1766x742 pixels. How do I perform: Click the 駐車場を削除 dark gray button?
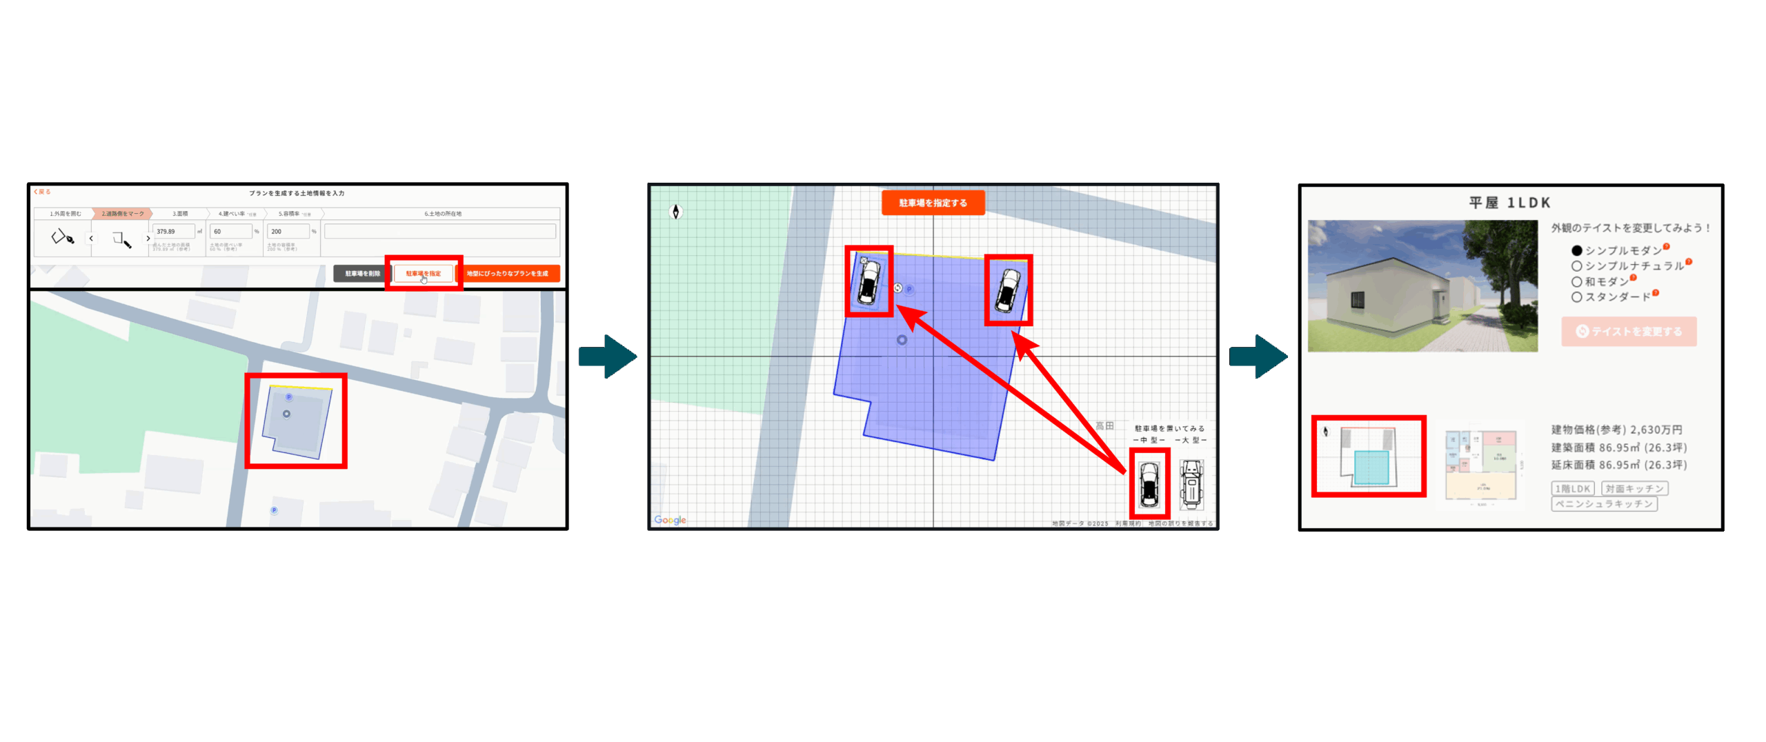pos(362,274)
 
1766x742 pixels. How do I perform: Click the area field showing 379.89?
pos(174,232)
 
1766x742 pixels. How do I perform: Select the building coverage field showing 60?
pos(231,232)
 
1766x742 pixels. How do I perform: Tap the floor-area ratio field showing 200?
pos(288,232)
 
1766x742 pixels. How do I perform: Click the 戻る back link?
pos(43,192)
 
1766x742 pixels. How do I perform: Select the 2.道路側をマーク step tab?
pos(123,214)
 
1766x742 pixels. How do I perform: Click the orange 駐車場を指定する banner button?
pos(933,203)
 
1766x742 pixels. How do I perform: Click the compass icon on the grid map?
pos(676,212)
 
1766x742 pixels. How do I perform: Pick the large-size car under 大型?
pos(1191,485)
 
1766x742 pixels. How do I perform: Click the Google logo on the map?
pos(670,520)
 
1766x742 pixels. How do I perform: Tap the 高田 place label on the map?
pos(1104,426)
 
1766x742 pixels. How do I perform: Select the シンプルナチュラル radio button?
pos(1576,266)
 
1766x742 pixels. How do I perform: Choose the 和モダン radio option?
pos(1576,282)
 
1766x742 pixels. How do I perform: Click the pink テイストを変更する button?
pos(1629,332)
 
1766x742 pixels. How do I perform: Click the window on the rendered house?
pos(1357,300)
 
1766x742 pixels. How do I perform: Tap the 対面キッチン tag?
pos(1634,488)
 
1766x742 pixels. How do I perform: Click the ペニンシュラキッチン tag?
pos(1604,504)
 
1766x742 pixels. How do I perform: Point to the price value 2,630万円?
pos(1656,430)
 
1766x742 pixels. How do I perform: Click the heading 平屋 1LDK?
pos(1509,203)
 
